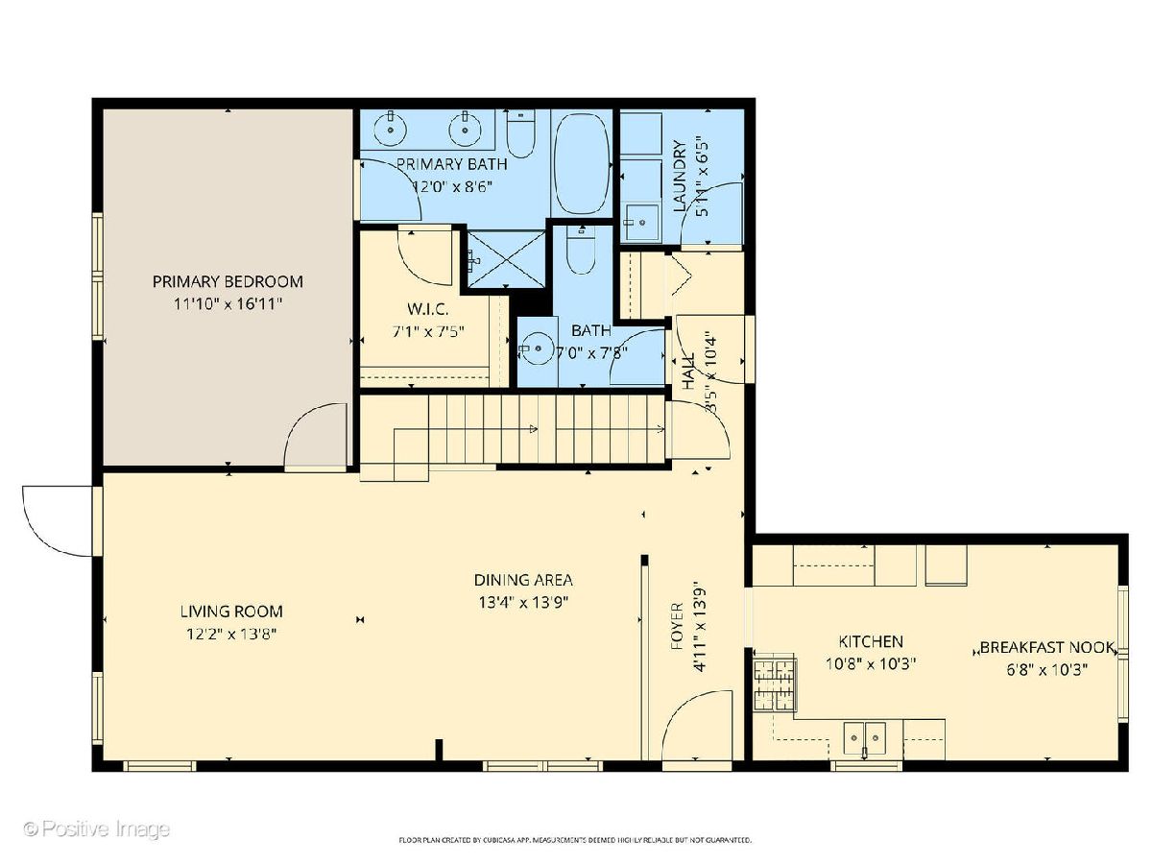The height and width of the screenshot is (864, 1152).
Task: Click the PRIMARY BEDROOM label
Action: [x=228, y=281]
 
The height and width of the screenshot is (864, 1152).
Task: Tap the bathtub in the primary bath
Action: [x=582, y=163]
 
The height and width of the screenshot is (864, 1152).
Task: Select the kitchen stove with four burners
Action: [x=774, y=684]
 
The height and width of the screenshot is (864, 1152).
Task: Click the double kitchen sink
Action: [x=864, y=737]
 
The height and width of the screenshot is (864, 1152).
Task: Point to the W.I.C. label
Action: [x=428, y=309]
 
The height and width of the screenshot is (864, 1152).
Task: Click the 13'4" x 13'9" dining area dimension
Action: [x=523, y=602]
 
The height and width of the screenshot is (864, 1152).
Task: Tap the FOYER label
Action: [x=678, y=626]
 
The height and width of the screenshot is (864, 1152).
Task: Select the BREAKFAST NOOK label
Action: [x=1047, y=647]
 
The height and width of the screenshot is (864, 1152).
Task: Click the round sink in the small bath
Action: [x=537, y=348]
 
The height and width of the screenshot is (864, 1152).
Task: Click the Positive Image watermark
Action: [x=97, y=829]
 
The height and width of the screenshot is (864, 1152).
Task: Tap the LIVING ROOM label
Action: [x=231, y=612]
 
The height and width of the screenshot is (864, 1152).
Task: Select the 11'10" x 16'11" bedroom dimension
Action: [x=228, y=303]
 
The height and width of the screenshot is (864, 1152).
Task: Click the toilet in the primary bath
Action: [x=520, y=133]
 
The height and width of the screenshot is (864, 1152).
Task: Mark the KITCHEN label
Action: [x=871, y=641]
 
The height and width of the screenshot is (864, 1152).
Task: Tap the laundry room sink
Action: [x=641, y=223]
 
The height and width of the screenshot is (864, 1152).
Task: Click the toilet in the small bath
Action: [x=581, y=251]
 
